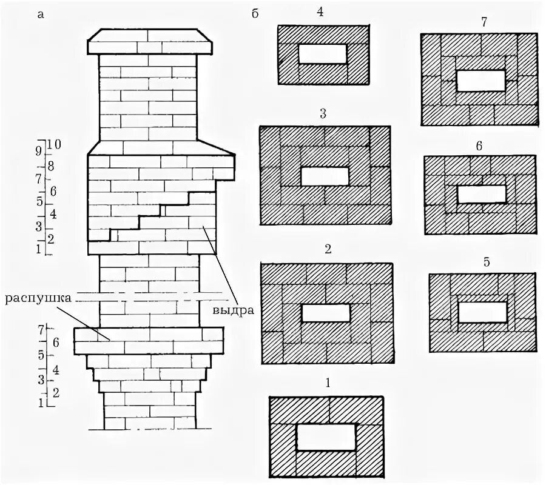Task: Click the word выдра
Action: pos(232,310)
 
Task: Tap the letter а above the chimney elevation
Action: pos(41,15)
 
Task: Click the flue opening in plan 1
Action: pos(326,437)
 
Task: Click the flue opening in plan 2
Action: pos(326,313)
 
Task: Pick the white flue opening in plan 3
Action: pos(325,176)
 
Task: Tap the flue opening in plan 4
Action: pos(323,53)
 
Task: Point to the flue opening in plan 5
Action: pos(482,312)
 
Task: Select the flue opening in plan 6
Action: pos(482,194)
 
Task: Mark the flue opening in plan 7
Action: pos(480,81)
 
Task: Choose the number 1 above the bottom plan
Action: pos(328,383)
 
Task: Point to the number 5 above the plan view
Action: pos(487,263)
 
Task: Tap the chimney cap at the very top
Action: pos(150,42)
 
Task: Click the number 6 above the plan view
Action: pos(479,146)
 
